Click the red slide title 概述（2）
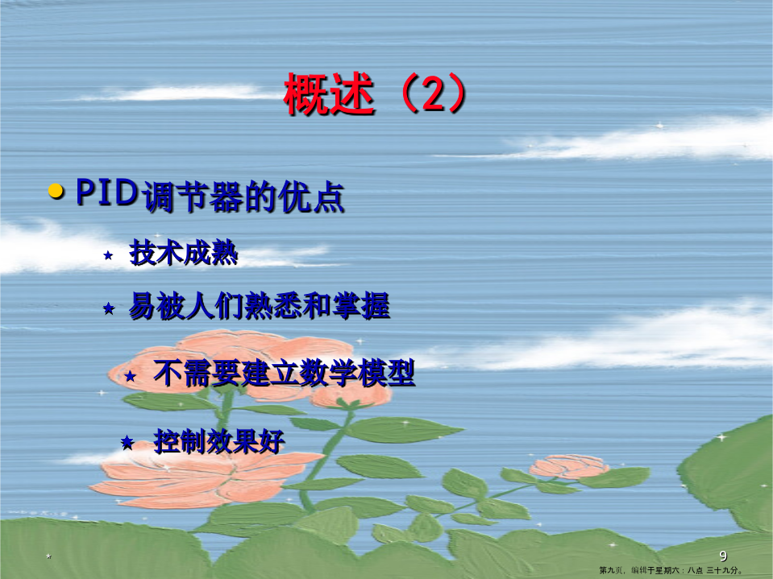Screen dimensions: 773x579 tap(375, 94)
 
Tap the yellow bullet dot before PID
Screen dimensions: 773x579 tap(56, 192)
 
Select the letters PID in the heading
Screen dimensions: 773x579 tap(106, 192)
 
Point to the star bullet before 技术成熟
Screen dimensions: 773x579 tap(108, 255)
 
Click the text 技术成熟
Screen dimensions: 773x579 tap(184, 253)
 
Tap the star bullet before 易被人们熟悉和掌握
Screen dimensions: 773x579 tap(109, 308)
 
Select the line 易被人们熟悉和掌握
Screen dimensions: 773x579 tap(260, 306)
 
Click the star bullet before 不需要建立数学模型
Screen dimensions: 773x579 tap(130, 377)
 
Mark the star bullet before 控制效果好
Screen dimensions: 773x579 tap(127, 442)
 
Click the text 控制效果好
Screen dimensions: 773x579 tap(219, 441)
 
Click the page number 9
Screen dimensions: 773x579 tap(723, 556)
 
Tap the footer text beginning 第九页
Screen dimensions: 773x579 tap(671, 570)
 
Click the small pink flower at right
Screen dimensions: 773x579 tap(569, 466)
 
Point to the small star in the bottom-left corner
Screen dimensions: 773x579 tap(49, 556)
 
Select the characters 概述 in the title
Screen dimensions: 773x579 tap(329, 94)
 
